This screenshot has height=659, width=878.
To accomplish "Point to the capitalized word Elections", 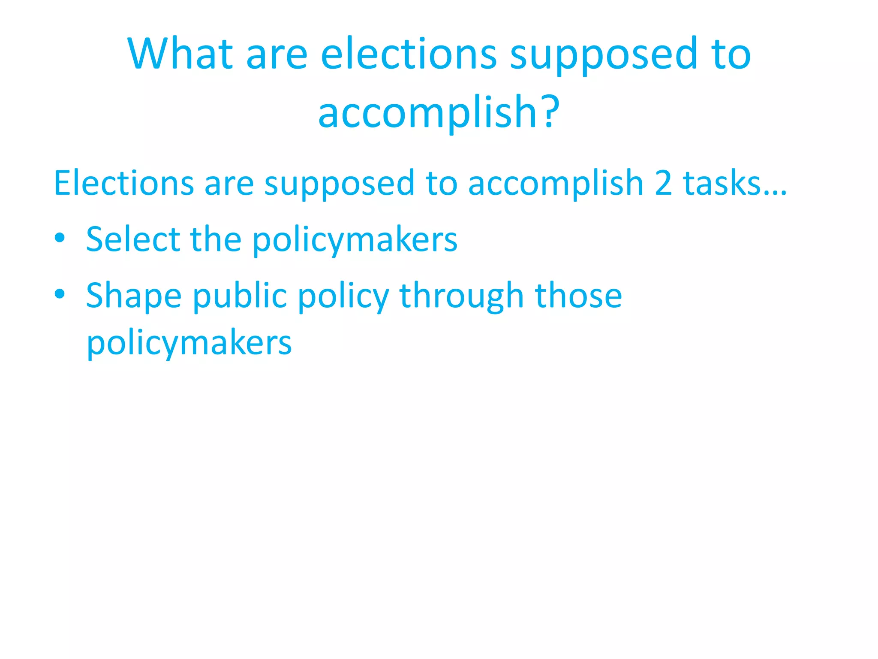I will tap(124, 183).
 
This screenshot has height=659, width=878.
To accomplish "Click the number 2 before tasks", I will tap(663, 183).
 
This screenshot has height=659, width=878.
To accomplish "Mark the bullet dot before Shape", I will tap(60, 294).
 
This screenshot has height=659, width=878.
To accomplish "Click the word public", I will tap(240, 296).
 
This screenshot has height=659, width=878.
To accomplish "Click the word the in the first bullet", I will tap(216, 239).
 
